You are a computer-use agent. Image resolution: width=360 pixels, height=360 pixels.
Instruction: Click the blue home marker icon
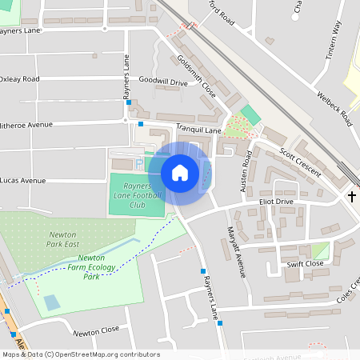(180, 173)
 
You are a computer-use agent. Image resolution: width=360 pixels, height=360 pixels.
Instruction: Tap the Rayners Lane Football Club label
(136, 195)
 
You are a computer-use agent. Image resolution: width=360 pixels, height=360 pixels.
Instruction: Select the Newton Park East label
(62, 239)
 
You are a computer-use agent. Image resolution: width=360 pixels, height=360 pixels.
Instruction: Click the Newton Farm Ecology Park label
(89, 267)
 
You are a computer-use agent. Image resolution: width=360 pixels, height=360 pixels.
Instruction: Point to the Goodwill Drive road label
(162, 82)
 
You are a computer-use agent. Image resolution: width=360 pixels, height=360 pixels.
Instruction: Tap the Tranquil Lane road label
(198, 130)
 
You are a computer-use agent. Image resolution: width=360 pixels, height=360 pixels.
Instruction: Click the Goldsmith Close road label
(197, 73)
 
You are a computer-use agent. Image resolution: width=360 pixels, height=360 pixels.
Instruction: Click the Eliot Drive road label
(276, 202)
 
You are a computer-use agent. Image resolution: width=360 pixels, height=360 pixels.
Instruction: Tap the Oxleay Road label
(19, 79)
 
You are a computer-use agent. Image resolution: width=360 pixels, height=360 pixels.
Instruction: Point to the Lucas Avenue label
(23, 181)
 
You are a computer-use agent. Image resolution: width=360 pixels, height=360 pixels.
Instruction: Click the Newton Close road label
(95, 330)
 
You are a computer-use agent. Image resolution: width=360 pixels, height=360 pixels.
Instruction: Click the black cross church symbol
(351, 196)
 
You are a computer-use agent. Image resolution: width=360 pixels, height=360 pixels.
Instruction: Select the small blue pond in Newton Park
(50, 302)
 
